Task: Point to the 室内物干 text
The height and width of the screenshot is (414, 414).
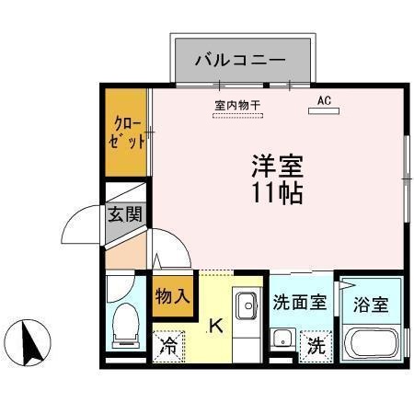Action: click(x=237, y=104)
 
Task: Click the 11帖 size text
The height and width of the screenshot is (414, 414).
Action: click(x=277, y=194)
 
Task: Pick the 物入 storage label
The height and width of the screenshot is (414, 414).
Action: click(x=172, y=296)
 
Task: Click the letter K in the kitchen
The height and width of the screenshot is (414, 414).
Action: click(x=216, y=324)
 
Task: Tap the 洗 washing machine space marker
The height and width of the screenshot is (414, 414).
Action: click(x=316, y=347)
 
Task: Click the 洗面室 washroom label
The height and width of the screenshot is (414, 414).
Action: click(x=300, y=303)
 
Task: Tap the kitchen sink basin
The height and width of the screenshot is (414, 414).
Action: click(x=247, y=305)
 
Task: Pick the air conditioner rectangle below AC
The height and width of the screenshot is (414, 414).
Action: click(x=323, y=112)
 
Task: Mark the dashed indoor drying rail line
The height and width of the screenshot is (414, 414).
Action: click(x=237, y=116)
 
